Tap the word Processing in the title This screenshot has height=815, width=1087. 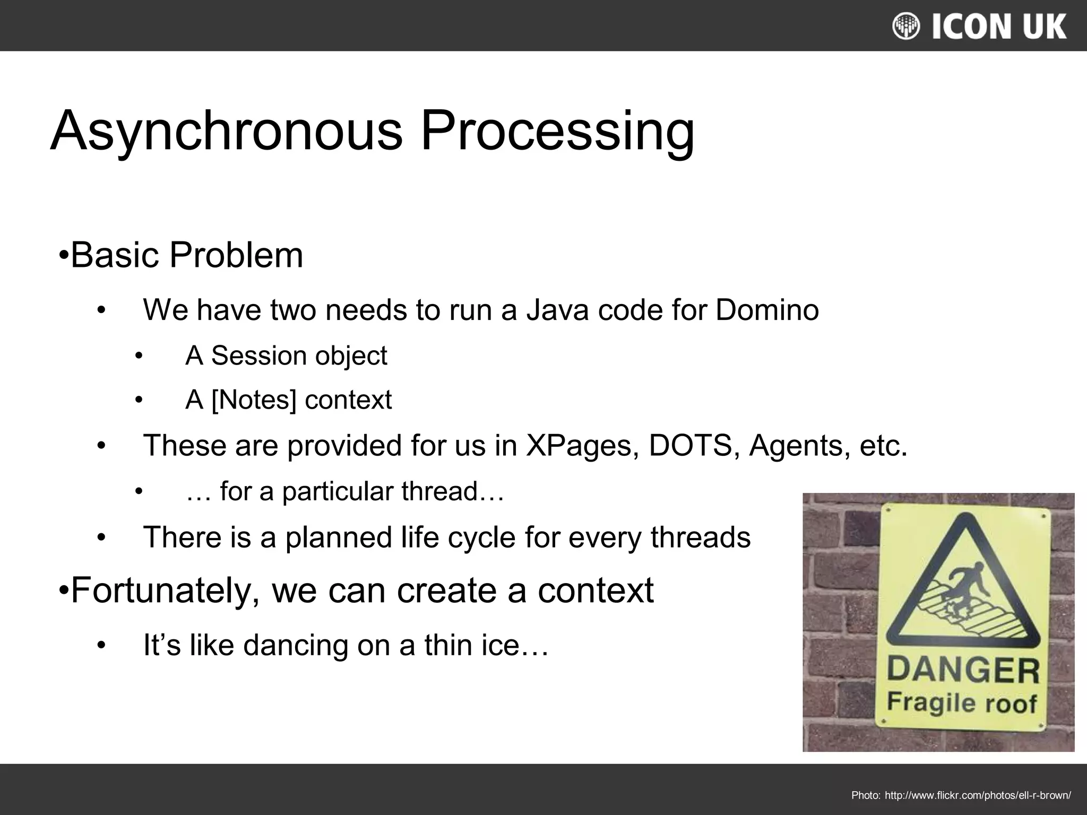[557, 131]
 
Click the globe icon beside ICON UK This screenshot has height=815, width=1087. [906, 26]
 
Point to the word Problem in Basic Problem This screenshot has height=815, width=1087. [236, 256]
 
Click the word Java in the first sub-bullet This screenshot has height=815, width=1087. [557, 310]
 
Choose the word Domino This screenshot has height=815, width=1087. [767, 310]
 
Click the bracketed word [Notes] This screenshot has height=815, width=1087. [254, 400]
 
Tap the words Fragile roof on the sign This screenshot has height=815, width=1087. [962, 703]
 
